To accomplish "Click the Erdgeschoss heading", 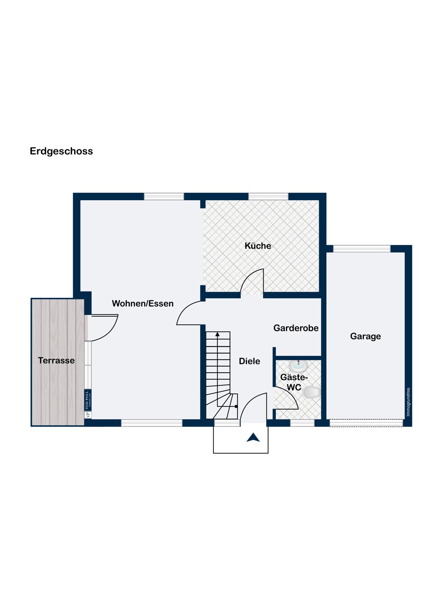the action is [61, 151].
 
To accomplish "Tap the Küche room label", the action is [258, 246].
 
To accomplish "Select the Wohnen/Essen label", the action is [143, 304].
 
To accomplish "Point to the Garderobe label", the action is [296, 328].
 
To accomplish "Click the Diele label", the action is [250, 361].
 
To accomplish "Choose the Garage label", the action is [365, 336].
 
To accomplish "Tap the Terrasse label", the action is [56, 361].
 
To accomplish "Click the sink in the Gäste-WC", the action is [299, 365].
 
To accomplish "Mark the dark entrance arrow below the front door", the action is [253, 437].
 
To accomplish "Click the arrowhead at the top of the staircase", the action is [217, 334].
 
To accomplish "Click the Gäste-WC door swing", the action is [290, 395].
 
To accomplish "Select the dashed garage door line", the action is [366, 423].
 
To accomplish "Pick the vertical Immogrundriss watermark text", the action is [408, 402].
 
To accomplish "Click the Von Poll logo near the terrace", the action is [88, 404].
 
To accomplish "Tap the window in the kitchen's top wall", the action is [268, 197].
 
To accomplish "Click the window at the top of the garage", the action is [362, 249].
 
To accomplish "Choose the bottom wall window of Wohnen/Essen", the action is [152, 423].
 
